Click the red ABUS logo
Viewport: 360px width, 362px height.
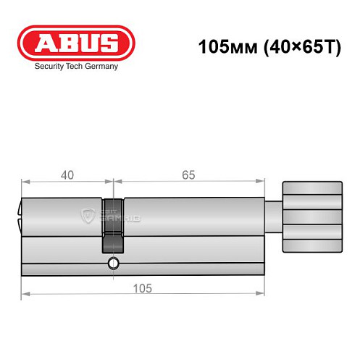[x=76, y=43]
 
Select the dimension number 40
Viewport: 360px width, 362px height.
[x=67, y=175]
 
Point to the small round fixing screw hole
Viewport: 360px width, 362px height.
[x=112, y=262]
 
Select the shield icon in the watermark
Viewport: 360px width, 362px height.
[x=90, y=214]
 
